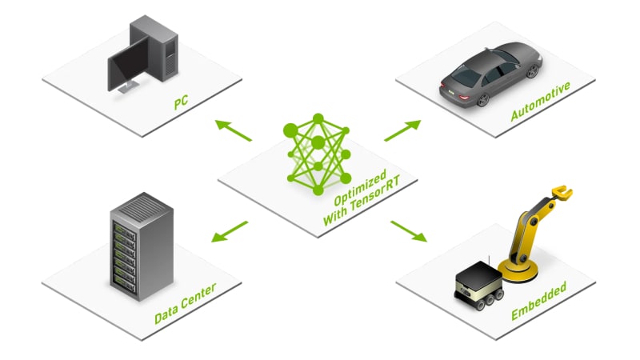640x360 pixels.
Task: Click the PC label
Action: (x=181, y=102)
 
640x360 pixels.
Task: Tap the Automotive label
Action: (x=541, y=102)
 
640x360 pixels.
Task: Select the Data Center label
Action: (x=186, y=304)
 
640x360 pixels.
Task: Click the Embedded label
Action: (x=538, y=301)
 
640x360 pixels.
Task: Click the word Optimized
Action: (x=360, y=188)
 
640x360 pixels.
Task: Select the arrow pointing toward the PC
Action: (x=234, y=130)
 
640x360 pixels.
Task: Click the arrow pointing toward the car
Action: (x=402, y=130)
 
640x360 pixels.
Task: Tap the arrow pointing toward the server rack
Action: (x=230, y=231)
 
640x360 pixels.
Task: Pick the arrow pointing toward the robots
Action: (x=409, y=231)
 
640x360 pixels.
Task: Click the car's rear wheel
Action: (x=483, y=99)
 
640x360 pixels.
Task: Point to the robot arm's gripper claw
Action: (x=562, y=193)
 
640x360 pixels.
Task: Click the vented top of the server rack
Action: (x=142, y=207)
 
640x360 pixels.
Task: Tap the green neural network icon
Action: (x=318, y=154)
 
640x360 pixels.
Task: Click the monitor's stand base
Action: (x=129, y=86)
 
